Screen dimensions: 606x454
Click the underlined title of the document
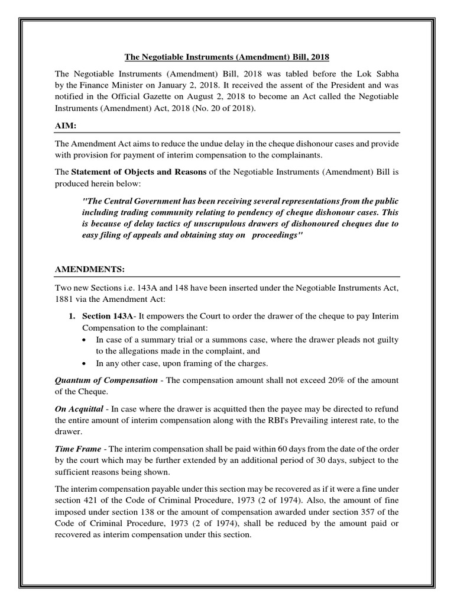coord(226,57)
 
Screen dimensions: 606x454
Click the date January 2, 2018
coord(171,85)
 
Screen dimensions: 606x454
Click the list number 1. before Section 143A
coord(71,317)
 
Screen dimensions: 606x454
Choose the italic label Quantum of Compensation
coord(106,380)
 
